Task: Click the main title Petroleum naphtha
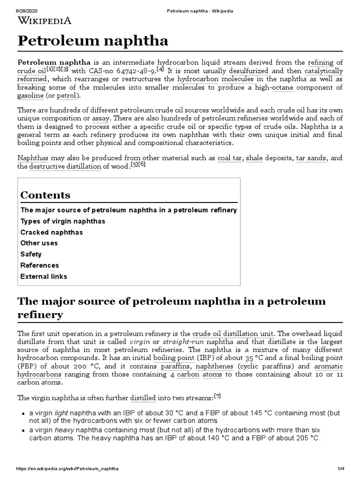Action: [x=93, y=41]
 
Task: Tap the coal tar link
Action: [x=230, y=158]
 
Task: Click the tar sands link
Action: [x=310, y=158]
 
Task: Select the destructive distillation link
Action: [x=65, y=166]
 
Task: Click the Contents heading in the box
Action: [x=45, y=195]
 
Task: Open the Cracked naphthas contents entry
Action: [x=52, y=232]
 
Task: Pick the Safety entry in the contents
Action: [x=31, y=254]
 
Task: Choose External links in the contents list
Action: [x=44, y=276]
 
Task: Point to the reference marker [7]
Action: [x=217, y=396]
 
